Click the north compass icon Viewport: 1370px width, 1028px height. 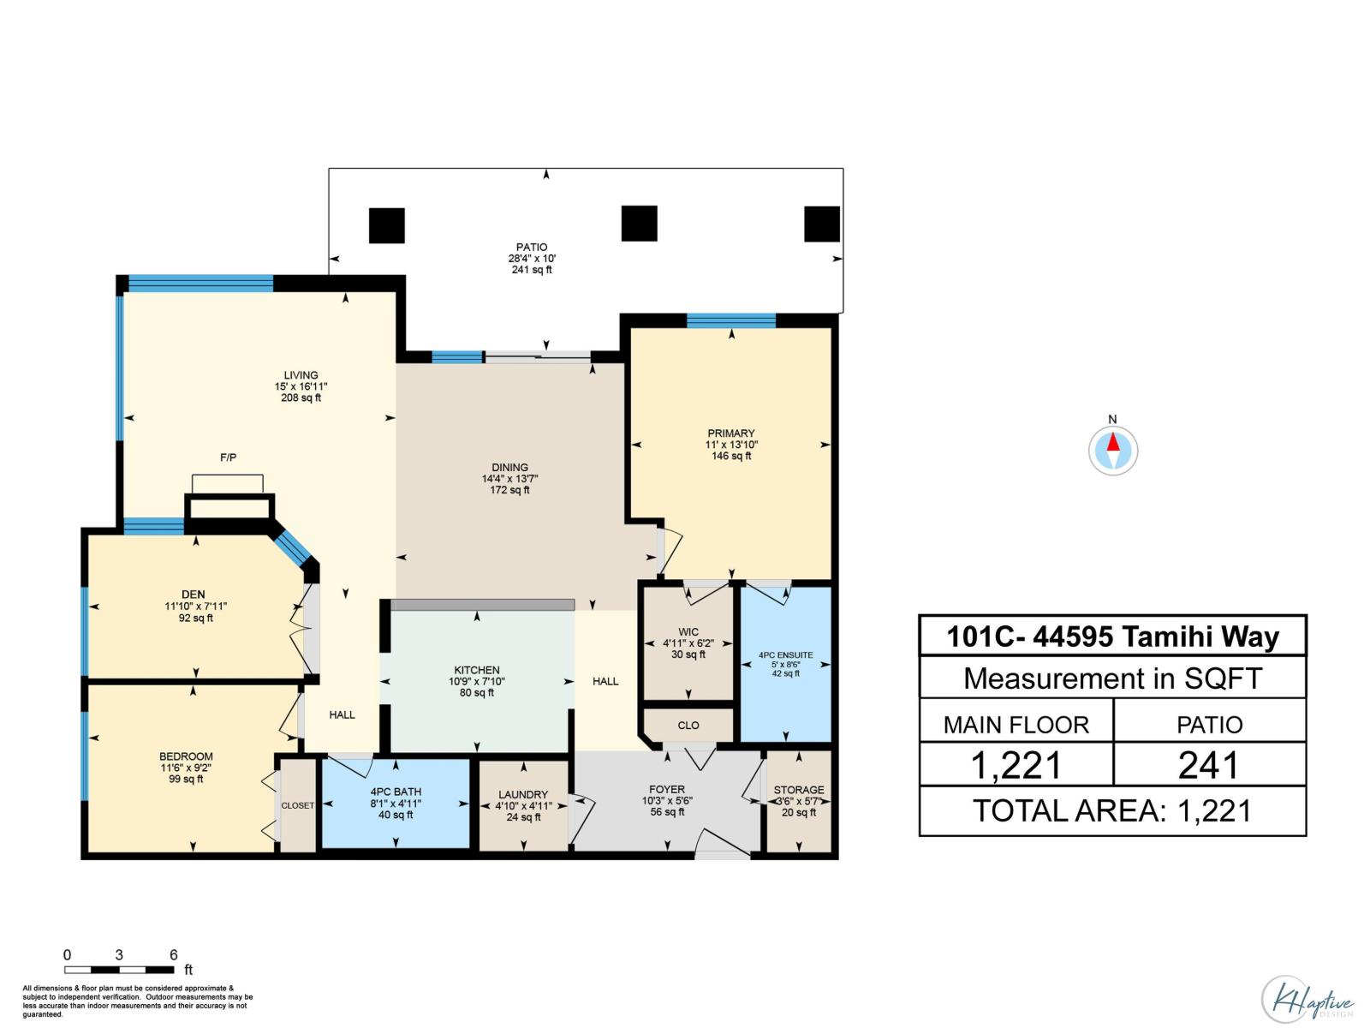(x=1112, y=450)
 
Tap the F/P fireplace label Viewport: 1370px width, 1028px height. (x=228, y=458)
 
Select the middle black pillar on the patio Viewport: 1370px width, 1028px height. (x=639, y=224)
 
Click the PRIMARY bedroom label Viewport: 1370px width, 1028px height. (x=730, y=433)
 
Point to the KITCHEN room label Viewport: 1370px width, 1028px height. (x=477, y=671)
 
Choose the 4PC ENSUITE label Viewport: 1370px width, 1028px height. (x=785, y=655)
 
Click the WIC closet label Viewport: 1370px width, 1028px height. (x=688, y=632)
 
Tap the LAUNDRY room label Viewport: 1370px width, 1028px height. (x=522, y=795)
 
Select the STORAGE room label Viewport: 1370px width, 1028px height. (x=798, y=790)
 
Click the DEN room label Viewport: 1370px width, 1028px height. (x=194, y=595)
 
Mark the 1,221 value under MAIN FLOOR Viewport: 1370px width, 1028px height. (x=1016, y=765)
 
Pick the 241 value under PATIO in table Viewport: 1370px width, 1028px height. (x=1209, y=765)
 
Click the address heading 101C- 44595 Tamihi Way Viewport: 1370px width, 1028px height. (x=1112, y=637)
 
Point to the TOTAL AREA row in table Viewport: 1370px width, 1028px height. (x=1112, y=810)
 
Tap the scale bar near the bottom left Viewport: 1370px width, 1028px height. (x=119, y=970)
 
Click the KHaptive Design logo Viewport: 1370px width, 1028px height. (x=1307, y=1000)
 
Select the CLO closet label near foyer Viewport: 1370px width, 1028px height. (x=688, y=726)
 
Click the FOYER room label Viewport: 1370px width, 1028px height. (x=666, y=790)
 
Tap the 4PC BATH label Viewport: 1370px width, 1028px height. (x=396, y=792)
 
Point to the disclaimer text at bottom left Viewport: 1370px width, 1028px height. (x=137, y=1001)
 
